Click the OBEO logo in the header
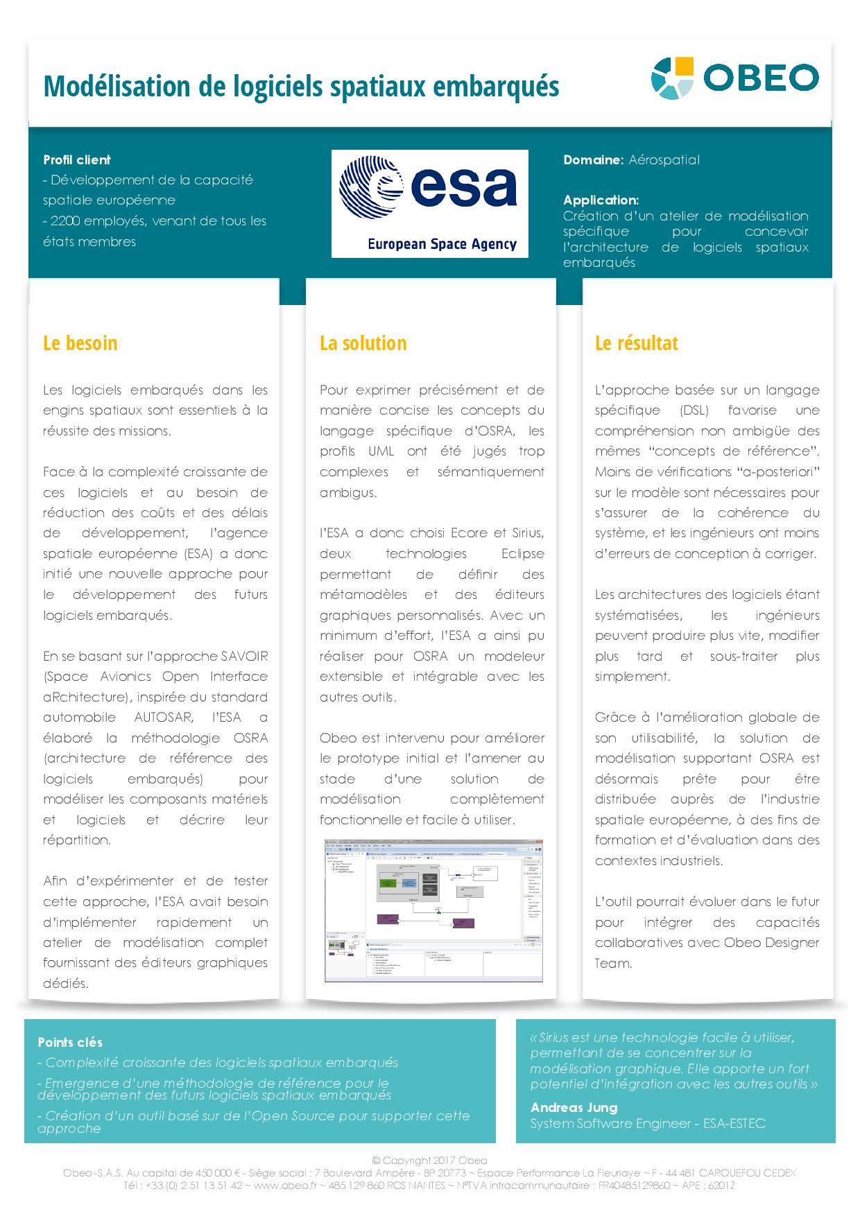click(734, 78)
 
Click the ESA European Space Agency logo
click(429, 204)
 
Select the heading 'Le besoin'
click(80, 343)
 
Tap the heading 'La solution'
click(363, 343)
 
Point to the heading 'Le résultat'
click(636, 343)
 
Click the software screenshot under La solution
click(433, 911)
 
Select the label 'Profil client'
click(77, 160)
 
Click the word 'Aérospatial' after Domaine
click(664, 160)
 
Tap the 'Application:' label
click(601, 200)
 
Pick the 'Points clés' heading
click(70, 1042)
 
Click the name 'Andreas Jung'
click(574, 1107)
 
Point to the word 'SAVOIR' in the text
click(244, 656)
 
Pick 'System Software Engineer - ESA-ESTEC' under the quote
click(648, 1123)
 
